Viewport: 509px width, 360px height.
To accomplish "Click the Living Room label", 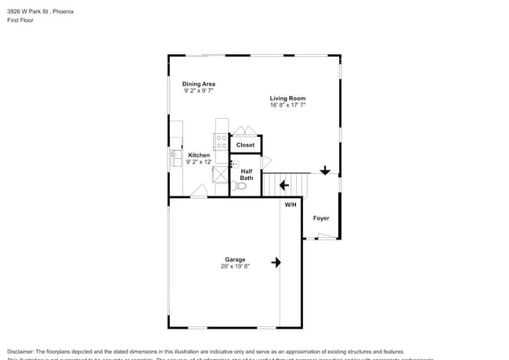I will pyautogui.click(x=287, y=98).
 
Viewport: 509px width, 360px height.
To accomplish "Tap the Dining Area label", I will pyautogui.click(x=199, y=84).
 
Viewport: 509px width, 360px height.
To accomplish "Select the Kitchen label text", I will pyautogui.click(x=199, y=155).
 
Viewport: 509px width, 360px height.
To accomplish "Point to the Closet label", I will pyautogui.click(x=245, y=145).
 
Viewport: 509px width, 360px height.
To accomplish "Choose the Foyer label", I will pyautogui.click(x=321, y=218).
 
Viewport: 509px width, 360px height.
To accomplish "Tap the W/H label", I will pyautogui.click(x=291, y=204).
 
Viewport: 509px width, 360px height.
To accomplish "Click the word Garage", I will pyautogui.click(x=235, y=259).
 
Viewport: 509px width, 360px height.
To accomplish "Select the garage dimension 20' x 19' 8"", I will pyautogui.click(x=235, y=266).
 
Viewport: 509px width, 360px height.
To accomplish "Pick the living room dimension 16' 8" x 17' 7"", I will pyautogui.click(x=287, y=105).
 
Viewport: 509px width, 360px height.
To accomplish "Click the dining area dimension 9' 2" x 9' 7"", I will pyautogui.click(x=199, y=91).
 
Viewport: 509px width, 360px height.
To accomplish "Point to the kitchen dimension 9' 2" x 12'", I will pyautogui.click(x=199, y=162).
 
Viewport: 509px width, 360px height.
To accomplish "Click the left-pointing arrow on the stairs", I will pyautogui.click(x=283, y=185).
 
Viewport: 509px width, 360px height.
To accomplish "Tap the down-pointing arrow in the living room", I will pyautogui.click(x=325, y=171).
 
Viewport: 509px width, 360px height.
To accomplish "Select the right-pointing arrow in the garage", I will pyautogui.click(x=276, y=262).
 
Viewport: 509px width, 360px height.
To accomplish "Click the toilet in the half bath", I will pyautogui.click(x=240, y=186).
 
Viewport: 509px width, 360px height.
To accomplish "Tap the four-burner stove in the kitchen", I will pyautogui.click(x=222, y=142).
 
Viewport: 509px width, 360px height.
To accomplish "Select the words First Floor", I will pyautogui.click(x=20, y=20).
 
